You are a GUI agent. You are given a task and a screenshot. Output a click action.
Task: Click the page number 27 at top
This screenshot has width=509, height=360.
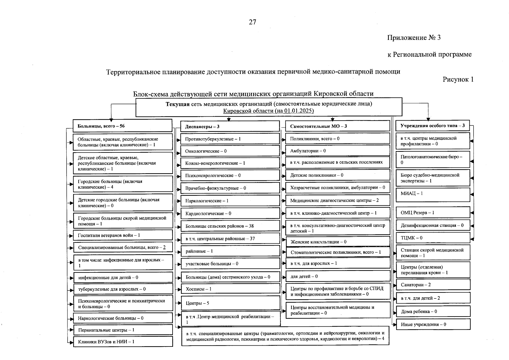252,22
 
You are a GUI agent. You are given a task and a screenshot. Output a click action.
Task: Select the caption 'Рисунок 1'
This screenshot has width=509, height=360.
458,79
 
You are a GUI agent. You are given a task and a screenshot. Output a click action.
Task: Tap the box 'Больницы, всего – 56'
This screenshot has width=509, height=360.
122,126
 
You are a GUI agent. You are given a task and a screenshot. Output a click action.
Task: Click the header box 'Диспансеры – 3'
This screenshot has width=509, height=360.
230,126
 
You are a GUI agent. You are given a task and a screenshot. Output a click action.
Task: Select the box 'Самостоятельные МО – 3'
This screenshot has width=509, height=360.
337,126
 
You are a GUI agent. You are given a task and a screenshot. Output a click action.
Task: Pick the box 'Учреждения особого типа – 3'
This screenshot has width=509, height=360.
432,126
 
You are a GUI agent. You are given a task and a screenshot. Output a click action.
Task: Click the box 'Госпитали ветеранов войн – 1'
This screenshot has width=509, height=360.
123,235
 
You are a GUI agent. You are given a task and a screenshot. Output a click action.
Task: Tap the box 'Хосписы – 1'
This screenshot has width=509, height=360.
230,289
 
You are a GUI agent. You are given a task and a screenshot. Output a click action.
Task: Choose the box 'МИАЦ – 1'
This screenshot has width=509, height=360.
433,194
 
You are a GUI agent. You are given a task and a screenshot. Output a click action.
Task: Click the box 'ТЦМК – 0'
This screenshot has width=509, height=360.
433,238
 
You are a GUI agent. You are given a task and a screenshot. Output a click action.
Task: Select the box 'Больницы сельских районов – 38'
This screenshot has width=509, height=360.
230,226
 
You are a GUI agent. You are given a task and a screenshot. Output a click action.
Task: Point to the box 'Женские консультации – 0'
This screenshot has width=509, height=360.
337,242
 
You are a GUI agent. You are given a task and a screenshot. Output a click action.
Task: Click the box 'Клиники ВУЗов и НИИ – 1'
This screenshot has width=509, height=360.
123,342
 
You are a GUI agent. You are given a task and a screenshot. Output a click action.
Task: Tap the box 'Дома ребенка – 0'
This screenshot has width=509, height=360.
433,311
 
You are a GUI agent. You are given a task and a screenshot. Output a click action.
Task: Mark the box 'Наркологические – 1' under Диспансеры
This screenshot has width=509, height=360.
230,201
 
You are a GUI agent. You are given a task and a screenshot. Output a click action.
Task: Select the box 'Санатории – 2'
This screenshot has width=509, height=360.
433,285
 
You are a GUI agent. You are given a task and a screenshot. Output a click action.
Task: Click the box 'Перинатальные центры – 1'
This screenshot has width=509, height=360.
123,330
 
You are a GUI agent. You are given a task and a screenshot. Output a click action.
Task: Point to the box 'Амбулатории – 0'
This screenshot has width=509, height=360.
337,151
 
